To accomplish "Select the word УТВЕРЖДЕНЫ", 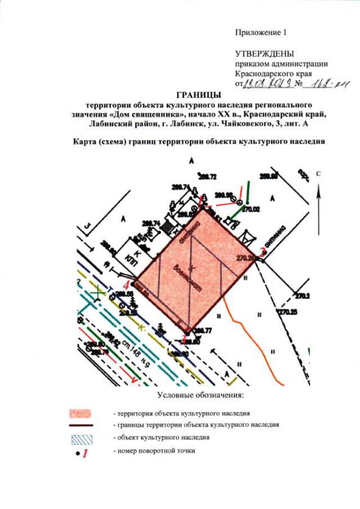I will click(264, 55).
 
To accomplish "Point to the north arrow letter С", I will click(318, 174).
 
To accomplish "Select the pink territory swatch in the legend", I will click(79, 413).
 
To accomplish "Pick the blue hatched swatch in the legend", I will click(79, 437).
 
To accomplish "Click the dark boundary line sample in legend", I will click(79, 425).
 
